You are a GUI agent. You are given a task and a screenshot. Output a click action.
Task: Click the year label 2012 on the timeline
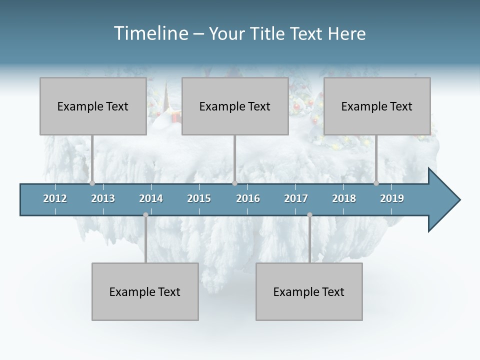pos(55,198)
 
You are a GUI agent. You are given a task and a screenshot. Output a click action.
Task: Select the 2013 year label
pos(103,198)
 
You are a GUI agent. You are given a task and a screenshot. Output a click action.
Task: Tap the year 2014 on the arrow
pos(151,198)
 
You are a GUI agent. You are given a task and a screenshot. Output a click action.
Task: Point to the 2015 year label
pos(199,198)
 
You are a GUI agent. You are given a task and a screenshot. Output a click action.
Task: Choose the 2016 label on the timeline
pos(248,198)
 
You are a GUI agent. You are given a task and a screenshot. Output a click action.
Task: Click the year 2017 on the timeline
pos(296,198)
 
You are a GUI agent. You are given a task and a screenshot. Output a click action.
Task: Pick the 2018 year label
pos(344,198)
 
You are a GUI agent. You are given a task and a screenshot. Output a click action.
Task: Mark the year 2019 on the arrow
pos(392,198)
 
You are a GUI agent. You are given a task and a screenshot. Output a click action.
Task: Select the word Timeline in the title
pos(150,33)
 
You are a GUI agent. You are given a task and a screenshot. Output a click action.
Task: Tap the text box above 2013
pos(92,106)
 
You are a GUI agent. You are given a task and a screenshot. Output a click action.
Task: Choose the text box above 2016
pos(234,106)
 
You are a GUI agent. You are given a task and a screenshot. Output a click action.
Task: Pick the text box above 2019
pos(376,106)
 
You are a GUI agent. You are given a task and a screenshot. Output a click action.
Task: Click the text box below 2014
pos(144,291)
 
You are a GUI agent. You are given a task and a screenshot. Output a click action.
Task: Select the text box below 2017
pos(308,291)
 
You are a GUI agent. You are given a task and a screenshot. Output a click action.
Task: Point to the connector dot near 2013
pos(92,183)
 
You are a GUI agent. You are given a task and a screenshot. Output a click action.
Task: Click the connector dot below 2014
pos(145,215)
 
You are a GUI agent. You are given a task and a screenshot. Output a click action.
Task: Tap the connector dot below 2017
pos(309,215)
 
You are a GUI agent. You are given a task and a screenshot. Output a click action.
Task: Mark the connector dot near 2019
pos(376,183)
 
